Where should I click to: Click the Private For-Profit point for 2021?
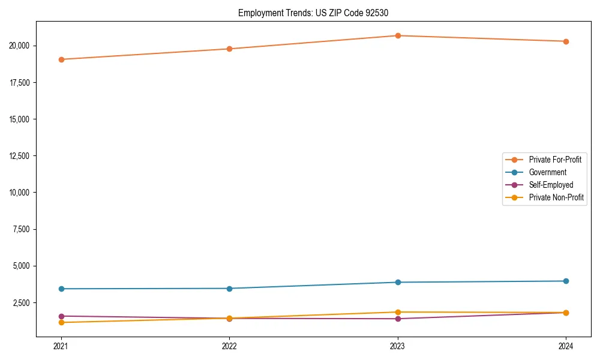point(61,59)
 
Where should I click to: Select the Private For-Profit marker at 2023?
point(398,35)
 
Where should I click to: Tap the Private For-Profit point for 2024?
point(566,41)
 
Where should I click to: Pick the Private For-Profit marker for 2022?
point(229,49)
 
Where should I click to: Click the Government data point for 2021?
point(61,289)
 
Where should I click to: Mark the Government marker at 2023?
point(398,282)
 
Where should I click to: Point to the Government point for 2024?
point(566,281)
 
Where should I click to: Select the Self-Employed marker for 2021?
point(61,316)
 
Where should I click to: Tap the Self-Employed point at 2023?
point(398,319)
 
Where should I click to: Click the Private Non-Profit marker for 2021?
point(61,323)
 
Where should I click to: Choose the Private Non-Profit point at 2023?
point(398,312)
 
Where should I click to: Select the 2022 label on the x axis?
point(229,346)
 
